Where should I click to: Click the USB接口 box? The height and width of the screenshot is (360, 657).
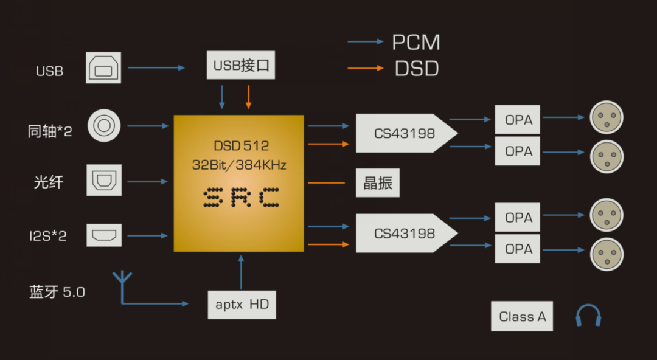tap(241, 65)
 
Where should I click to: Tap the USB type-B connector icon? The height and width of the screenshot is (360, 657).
tap(104, 67)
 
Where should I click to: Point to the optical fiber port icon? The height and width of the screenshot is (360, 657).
tap(104, 179)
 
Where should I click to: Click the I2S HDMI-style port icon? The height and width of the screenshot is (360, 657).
tap(104, 235)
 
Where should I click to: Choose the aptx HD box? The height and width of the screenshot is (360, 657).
tap(242, 304)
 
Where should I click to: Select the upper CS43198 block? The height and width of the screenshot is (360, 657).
tap(405, 133)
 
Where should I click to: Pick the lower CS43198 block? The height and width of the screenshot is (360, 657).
tap(405, 233)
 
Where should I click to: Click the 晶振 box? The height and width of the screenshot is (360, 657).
tap(378, 183)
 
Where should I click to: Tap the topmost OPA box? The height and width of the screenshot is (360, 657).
tap(518, 120)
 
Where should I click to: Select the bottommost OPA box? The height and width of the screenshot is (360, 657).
tap(518, 249)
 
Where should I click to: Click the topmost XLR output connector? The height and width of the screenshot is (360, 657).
tap(607, 117)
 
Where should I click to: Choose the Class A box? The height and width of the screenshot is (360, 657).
tap(522, 316)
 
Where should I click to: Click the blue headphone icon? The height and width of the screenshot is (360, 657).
tap(588, 316)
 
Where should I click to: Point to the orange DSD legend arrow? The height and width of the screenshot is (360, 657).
tap(366, 68)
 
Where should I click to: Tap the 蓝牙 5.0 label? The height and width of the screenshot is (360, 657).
tap(57, 292)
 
